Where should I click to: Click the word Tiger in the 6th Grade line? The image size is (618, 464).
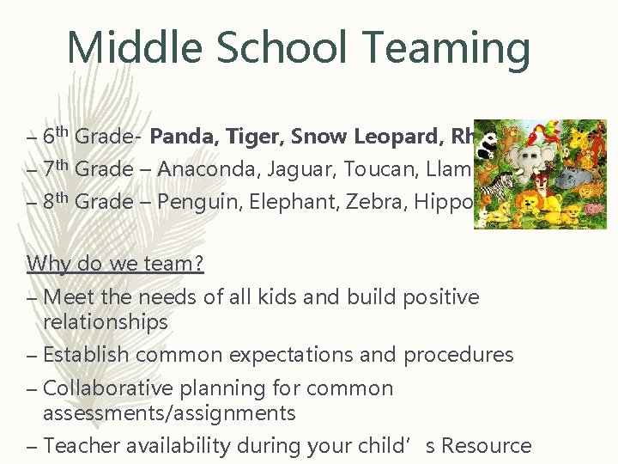[257, 136]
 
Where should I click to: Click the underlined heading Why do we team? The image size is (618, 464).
[115, 263]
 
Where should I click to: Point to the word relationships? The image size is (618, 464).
[106, 322]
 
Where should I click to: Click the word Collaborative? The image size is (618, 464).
[111, 388]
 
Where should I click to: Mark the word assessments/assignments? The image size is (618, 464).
[169, 413]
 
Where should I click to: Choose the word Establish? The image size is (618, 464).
[85, 355]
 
